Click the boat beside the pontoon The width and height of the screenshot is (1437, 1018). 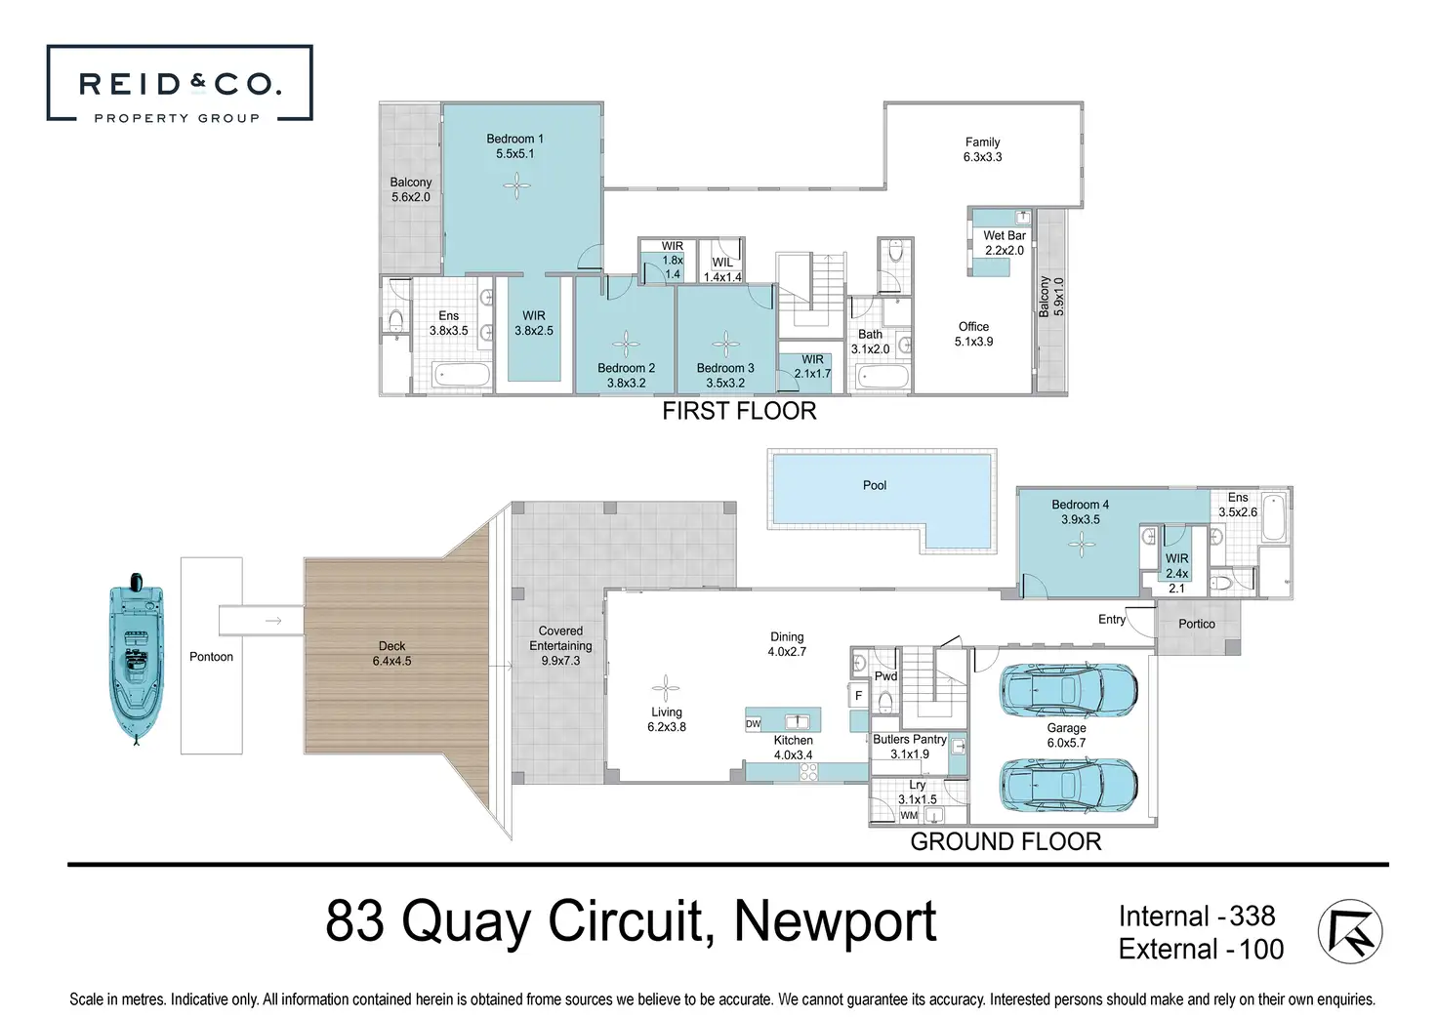pos(137,659)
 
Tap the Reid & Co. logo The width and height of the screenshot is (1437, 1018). pos(180,83)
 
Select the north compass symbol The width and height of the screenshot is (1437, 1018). pos(1350,931)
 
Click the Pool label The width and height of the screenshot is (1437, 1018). pos(875,486)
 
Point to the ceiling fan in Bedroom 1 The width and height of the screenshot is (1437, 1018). pos(516,186)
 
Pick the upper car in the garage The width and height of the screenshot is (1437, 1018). pos(1069,690)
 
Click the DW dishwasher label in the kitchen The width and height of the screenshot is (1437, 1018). pos(753,724)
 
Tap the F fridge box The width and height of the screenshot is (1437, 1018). pos(859,696)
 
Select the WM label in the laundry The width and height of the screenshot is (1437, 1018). pos(909,815)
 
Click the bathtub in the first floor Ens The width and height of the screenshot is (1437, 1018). pos(461,375)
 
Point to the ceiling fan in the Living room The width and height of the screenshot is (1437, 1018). pos(666,688)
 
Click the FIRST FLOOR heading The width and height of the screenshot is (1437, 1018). pos(739,411)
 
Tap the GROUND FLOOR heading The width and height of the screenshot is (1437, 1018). pos(1006,841)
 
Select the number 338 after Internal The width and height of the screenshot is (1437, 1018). pos(1252,916)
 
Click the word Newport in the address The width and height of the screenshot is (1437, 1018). pos(835,921)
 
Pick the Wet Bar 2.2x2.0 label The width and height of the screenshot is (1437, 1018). pos(1005,243)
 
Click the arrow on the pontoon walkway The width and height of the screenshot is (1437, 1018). pos(274,621)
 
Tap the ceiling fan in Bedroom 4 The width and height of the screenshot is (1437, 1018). pos(1083,545)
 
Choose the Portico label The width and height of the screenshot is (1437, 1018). pos(1197,624)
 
